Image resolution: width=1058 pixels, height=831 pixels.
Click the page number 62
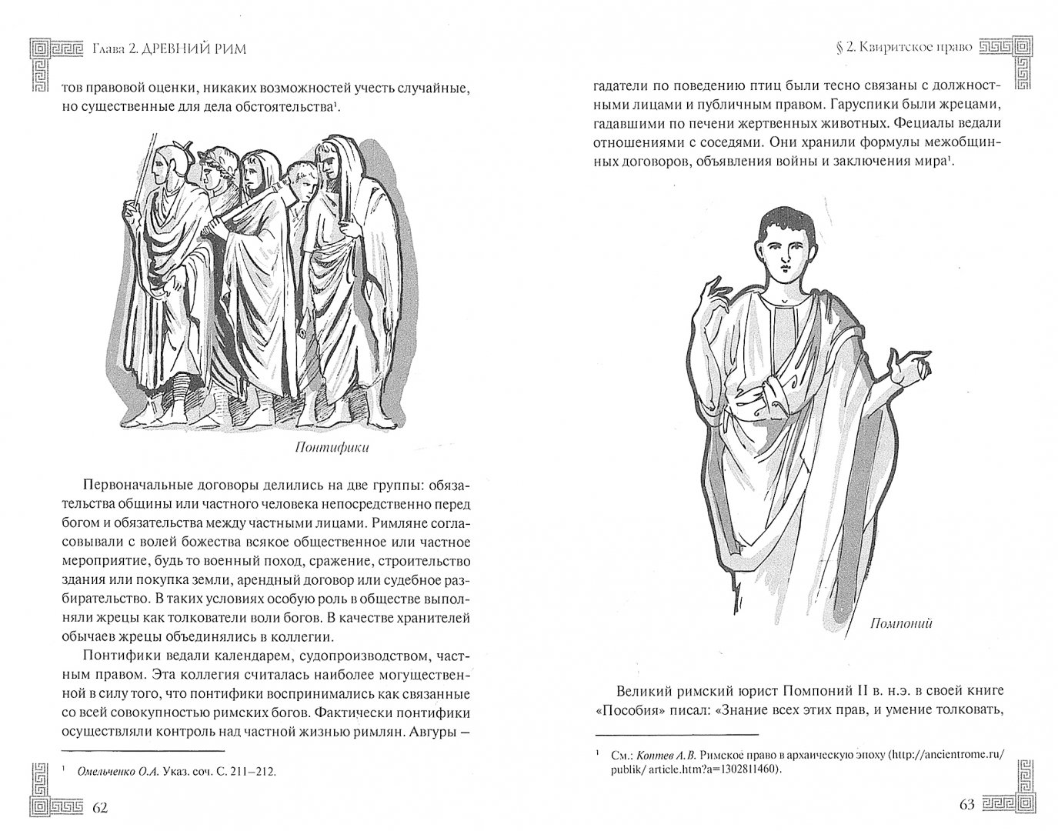[100, 807]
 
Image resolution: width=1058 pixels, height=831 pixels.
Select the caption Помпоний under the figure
[901, 623]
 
